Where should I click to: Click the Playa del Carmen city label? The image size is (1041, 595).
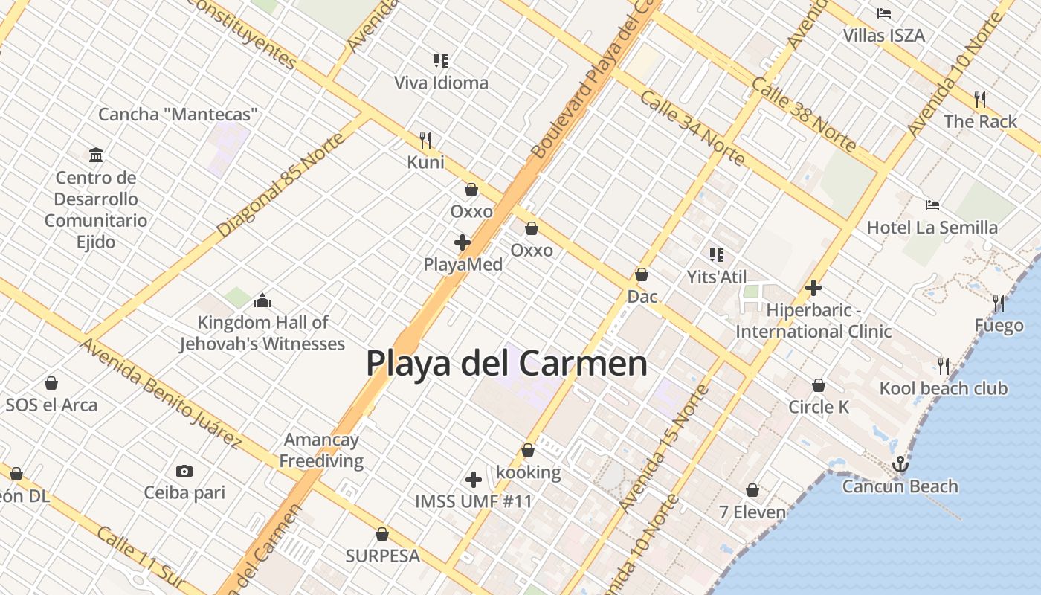click(x=506, y=364)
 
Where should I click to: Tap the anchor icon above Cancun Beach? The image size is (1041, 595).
click(x=900, y=464)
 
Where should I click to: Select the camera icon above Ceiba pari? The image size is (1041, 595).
click(x=184, y=471)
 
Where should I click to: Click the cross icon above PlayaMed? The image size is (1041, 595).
click(x=463, y=242)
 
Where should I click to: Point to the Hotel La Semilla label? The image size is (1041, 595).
click(x=932, y=227)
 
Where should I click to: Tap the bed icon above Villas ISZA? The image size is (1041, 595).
click(x=884, y=13)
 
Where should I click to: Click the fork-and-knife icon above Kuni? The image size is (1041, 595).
click(x=425, y=140)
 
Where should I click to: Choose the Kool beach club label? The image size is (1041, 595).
click(x=944, y=388)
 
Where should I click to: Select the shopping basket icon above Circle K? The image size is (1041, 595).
click(x=819, y=385)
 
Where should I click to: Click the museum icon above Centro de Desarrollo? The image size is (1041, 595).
click(x=96, y=155)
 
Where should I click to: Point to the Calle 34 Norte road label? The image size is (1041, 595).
click(x=692, y=128)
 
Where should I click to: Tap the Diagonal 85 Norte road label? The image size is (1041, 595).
click(x=282, y=185)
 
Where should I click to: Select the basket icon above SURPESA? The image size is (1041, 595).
click(x=382, y=534)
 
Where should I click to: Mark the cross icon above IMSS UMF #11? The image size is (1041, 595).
click(x=474, y=480)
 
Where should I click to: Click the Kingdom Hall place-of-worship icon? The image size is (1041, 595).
click(x=262, y=300)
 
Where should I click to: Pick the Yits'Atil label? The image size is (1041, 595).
click(x=717, y=277)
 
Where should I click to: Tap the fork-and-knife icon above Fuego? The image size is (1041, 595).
click(x=999, y=303)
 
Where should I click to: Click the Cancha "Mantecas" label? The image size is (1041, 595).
click(x=178, y=115)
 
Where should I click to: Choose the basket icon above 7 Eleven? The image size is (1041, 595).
click(x=752, y=490)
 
